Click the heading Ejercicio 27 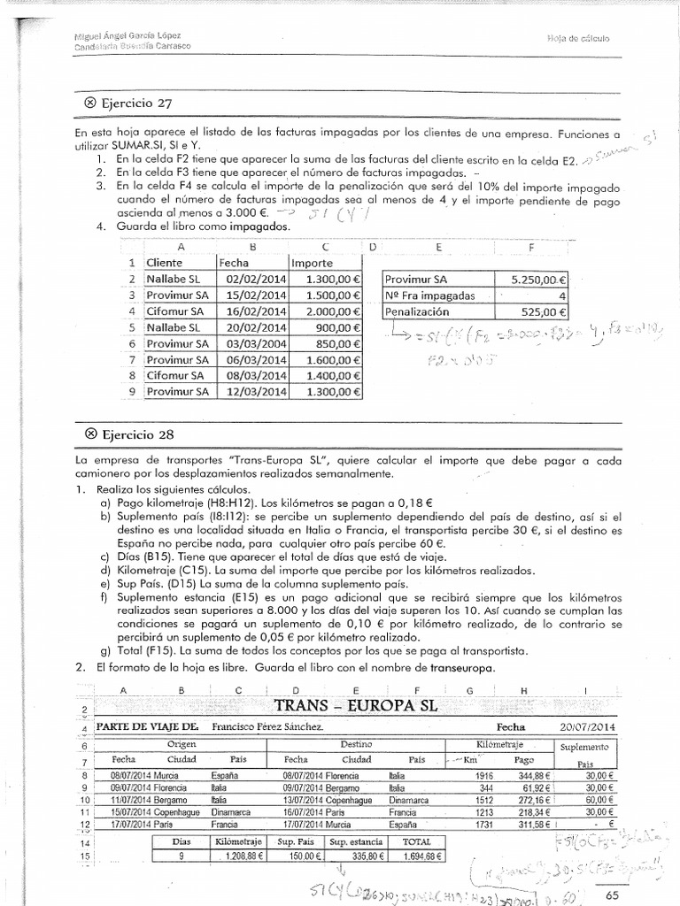click(x=129, y=102)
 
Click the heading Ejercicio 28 click(x=129, y=434)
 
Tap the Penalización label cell click(x=417, y=311)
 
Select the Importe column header click(x=311, y=263)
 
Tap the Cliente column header click(x=165, y=263)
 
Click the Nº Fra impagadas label click(x=430, y=295)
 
